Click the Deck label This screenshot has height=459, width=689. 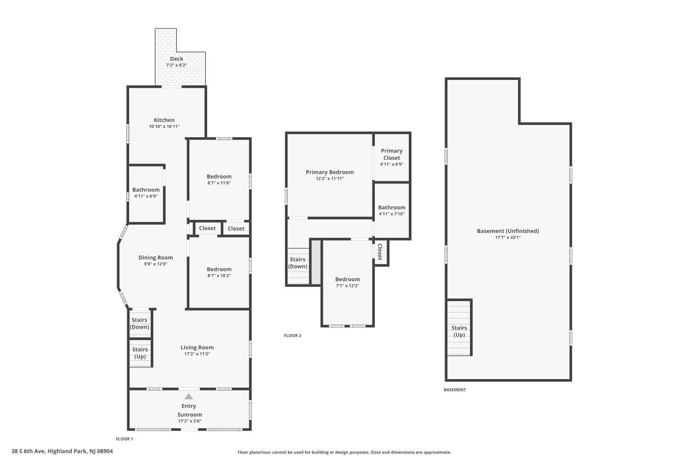click(x=176, y=59)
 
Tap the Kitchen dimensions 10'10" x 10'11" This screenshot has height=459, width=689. click(x=164, y=126)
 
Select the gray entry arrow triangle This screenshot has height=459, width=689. click(x=188, y=396)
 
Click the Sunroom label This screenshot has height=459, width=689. click(x=189, y=414)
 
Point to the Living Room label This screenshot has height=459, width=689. click(x=197, y=347)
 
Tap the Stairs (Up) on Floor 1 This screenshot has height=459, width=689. click(x=140, y=353)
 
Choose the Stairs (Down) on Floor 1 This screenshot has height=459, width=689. click(x=139, y=324)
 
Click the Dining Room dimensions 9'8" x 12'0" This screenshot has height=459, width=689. click(x=156, y=264)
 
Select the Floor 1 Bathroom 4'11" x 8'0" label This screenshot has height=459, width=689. click(x=146, y=193)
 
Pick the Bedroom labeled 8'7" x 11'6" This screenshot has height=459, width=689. click(x=219, y=179)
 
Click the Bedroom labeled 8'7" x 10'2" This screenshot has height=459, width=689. click(x=219, y=272)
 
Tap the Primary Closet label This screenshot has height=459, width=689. click(x=391, y=154)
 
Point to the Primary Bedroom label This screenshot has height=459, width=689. click(x=330, y=172)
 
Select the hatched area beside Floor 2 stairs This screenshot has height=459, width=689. click(x=316, y=262)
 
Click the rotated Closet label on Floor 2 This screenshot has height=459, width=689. click(x=380, y=252)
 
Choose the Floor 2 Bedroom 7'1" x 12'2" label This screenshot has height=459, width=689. click(x=348, y=282)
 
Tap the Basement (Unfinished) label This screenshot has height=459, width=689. click(x=508, y=231)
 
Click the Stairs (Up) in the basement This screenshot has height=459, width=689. click(x=459, y=331)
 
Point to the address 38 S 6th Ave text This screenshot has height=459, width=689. click(x=28, y=451)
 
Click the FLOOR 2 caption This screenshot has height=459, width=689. click(x=293, y=336)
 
